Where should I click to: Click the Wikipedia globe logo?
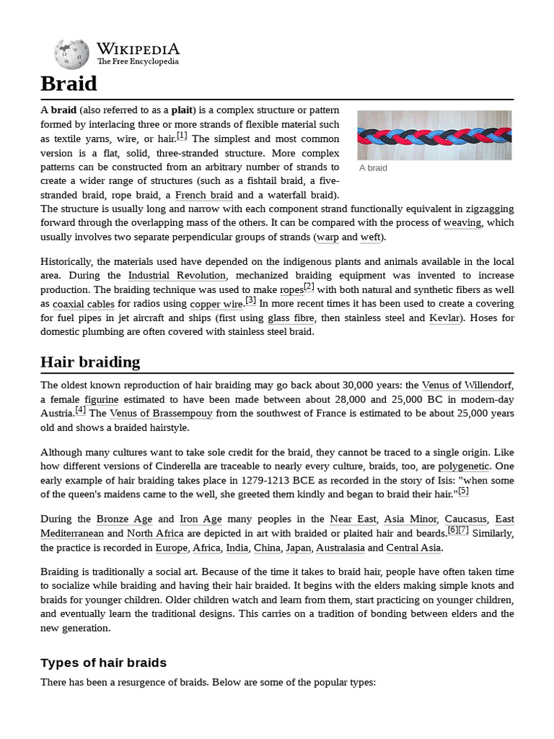click(71, 54)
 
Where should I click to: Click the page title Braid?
click(69, 84)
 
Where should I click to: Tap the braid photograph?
click(434, 135)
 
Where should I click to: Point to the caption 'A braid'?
click(373, 168)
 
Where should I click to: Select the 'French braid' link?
click(203, 195)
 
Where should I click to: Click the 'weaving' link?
click(462, 223)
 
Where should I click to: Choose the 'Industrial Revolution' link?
click(177, 275)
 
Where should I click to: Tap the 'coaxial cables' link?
click(84, 304)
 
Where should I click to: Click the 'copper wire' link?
click(216, 304)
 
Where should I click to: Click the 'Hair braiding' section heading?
click(90, 362)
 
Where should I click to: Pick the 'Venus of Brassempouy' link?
click(162, 413)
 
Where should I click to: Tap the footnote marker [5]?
click(463, 491)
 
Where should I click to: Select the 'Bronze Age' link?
click(123, 519)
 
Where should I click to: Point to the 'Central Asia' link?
click(413, 548)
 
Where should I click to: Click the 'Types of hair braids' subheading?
click(103, 663)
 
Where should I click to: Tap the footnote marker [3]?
click(250, 300)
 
